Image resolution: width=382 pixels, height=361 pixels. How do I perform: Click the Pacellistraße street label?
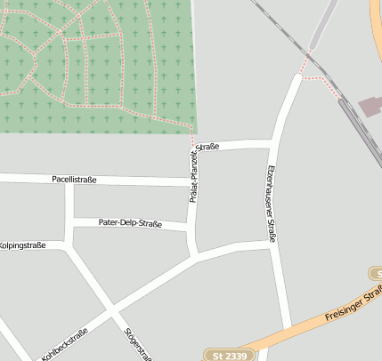[x=74, y=180]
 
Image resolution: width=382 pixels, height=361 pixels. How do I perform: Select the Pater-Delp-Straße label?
[x=130, y=223]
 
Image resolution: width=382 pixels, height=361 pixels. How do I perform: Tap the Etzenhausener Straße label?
[x=272, y=204]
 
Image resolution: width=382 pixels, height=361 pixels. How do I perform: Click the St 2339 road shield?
[x=230, y=356]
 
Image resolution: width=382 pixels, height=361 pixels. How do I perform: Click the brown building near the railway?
[x=370, y=108]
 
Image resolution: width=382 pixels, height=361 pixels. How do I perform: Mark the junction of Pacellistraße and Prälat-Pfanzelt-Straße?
[x=191, y=181]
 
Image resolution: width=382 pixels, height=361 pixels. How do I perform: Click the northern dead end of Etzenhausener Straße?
[x=297, y=79]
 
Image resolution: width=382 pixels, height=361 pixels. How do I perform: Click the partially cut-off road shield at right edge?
[x=375, y=273]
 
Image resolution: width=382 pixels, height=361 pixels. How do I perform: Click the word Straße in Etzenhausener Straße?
[x=272, y=228]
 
